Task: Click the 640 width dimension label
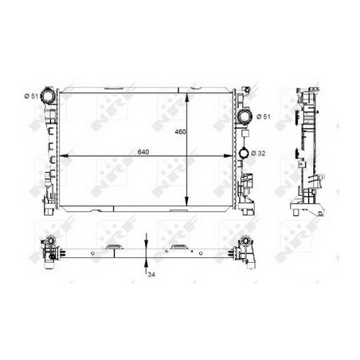[143, 152]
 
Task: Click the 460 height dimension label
[180, 131]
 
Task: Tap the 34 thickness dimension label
[151, 275]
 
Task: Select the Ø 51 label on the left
[31, 96]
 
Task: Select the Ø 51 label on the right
[264, 116]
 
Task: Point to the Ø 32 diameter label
[258, 153]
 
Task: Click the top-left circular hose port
[48, 96]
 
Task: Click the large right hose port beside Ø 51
[245, 116]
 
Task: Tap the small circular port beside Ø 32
[244, 153]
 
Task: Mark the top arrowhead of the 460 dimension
[187, 98]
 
